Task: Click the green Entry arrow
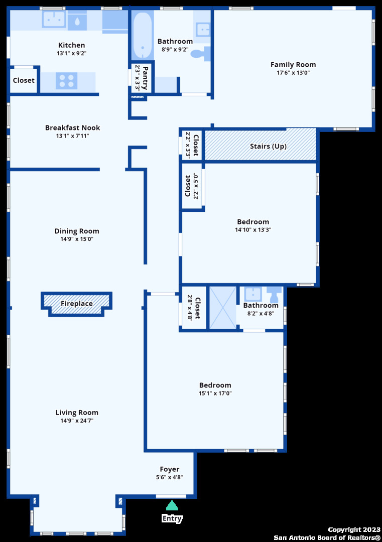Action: click(172, 505)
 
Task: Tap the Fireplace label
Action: click(76, 304)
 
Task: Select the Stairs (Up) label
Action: click(268, 146)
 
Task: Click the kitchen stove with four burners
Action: click(66, 81)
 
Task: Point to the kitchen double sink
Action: click(54, 19)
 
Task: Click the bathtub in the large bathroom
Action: click(142, 36)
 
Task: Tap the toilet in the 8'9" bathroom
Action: click(200, 54)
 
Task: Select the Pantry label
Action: click(145, 78)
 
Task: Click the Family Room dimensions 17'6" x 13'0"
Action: click(293, 73)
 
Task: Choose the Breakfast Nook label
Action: click(73, 127)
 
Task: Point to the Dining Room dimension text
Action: click(77, 239)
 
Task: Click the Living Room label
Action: click(77, 413)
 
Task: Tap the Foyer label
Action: click(169, 469)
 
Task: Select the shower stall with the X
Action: click(223, 307)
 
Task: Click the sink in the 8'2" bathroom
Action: click(253, 294)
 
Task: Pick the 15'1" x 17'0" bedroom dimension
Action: click(215, 393)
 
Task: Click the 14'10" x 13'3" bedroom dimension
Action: click(253, 229)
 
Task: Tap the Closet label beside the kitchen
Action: click(24, 80)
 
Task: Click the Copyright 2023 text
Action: click(354, 529)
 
